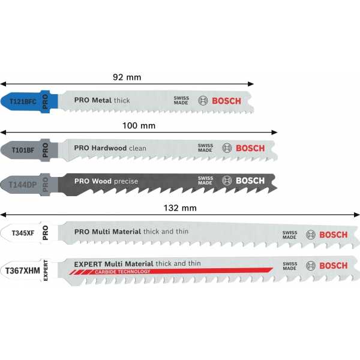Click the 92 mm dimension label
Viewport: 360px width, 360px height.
point(127,77)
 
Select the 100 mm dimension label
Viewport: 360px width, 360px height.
point(139,125)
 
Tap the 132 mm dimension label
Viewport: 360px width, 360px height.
point(181,208)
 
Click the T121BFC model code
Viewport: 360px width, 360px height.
point(23,102)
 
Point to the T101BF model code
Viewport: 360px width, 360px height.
point(21,149)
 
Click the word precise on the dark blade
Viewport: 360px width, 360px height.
point(126,181)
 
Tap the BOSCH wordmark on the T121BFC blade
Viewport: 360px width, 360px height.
point(226,101)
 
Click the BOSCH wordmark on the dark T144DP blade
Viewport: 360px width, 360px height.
point(250,181)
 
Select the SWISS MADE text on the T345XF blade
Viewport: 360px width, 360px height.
point(290,235)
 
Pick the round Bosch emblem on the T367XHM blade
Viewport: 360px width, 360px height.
point(310,266)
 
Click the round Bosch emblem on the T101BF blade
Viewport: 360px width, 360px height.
point(226,148)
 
